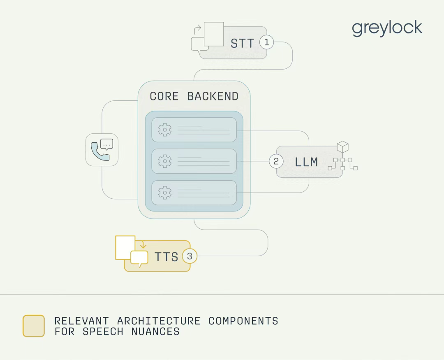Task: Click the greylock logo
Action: coord(387,28)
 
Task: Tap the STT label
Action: coord(243,43)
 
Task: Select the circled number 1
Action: coord(267,42)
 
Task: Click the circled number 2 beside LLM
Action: coord(276,161)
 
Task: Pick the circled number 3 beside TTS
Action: coord(190,256)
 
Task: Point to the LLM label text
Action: coord(306,162)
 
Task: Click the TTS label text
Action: coord(166,257)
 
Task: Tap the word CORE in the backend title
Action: coord(164,96)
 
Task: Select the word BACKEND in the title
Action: coord(213,96)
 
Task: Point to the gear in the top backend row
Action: coord(165,130)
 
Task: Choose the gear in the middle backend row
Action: coord(165,161)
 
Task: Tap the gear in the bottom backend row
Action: coord(165,192)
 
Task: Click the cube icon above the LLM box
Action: coord(342,147)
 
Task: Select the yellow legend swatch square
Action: coord(34,326)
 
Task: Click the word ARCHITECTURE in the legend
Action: coord(159,321)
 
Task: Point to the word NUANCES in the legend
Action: coord(155,332)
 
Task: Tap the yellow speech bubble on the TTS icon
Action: coord(139,258)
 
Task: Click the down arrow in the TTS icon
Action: coord(143,245)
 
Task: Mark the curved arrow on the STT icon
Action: coord(198,29)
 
